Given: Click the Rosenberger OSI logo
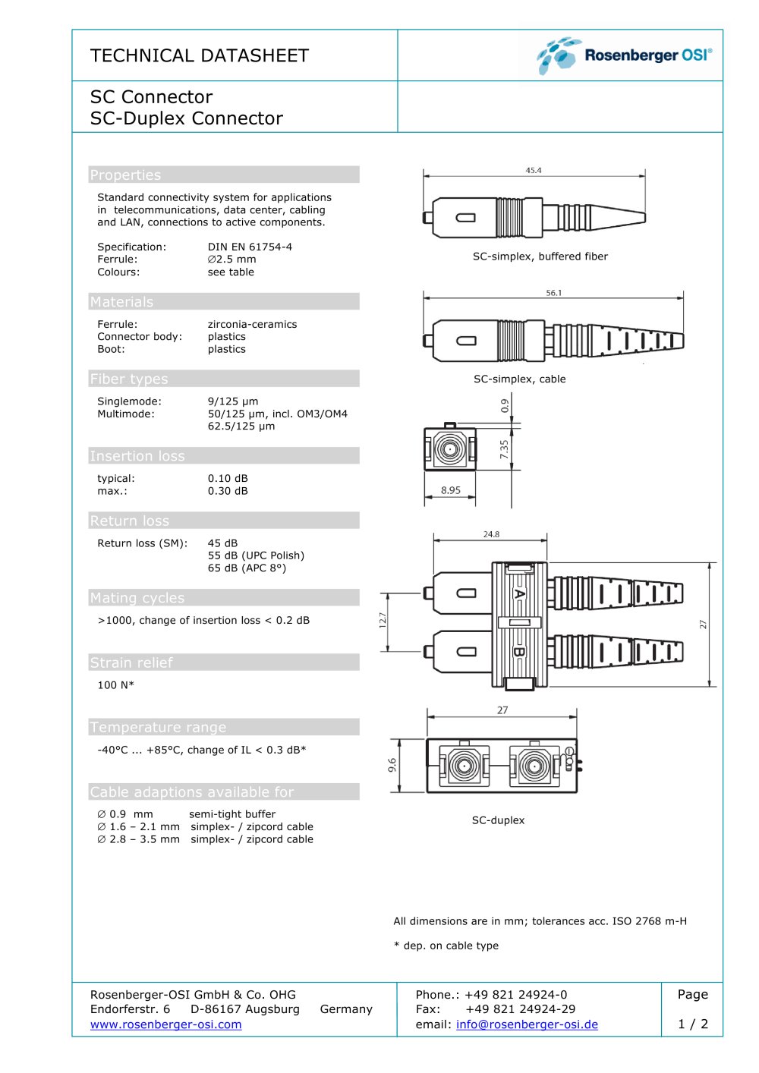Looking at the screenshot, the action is click(623, 55).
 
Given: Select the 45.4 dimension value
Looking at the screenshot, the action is click(534, 171).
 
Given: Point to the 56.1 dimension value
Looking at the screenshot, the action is click(553, 293).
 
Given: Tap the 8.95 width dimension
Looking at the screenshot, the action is click(450, 490).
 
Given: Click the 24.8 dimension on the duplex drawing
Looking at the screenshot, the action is click(491, 534).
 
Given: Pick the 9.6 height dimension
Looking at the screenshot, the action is click(392, 765).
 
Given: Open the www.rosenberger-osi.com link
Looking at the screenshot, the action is click(165, 1024).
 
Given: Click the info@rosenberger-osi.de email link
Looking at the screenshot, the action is click(527, 1024).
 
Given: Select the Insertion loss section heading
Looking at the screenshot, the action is click(137, 455).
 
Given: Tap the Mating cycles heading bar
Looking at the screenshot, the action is click(224, 597).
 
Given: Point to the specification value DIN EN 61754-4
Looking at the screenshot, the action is click(250, 247).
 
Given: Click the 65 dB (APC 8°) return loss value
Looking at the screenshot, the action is click(247, 568).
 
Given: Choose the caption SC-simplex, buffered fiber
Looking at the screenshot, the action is click(540, 256).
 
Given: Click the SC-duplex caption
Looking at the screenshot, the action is click(498, 820).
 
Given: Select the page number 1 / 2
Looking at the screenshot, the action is click(692, 1024).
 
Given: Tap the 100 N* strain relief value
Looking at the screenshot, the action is click(115, 685).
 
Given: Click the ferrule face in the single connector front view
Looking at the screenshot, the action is click(449, 449).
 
